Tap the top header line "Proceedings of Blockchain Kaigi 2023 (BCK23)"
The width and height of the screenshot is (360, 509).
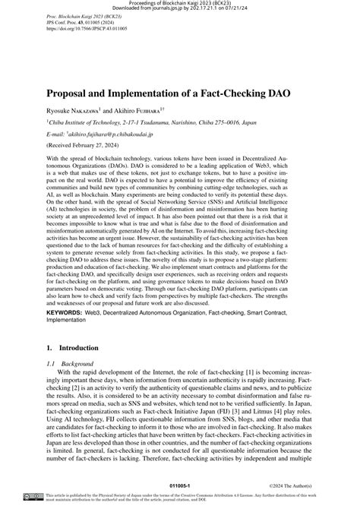(x=180, y=2)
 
